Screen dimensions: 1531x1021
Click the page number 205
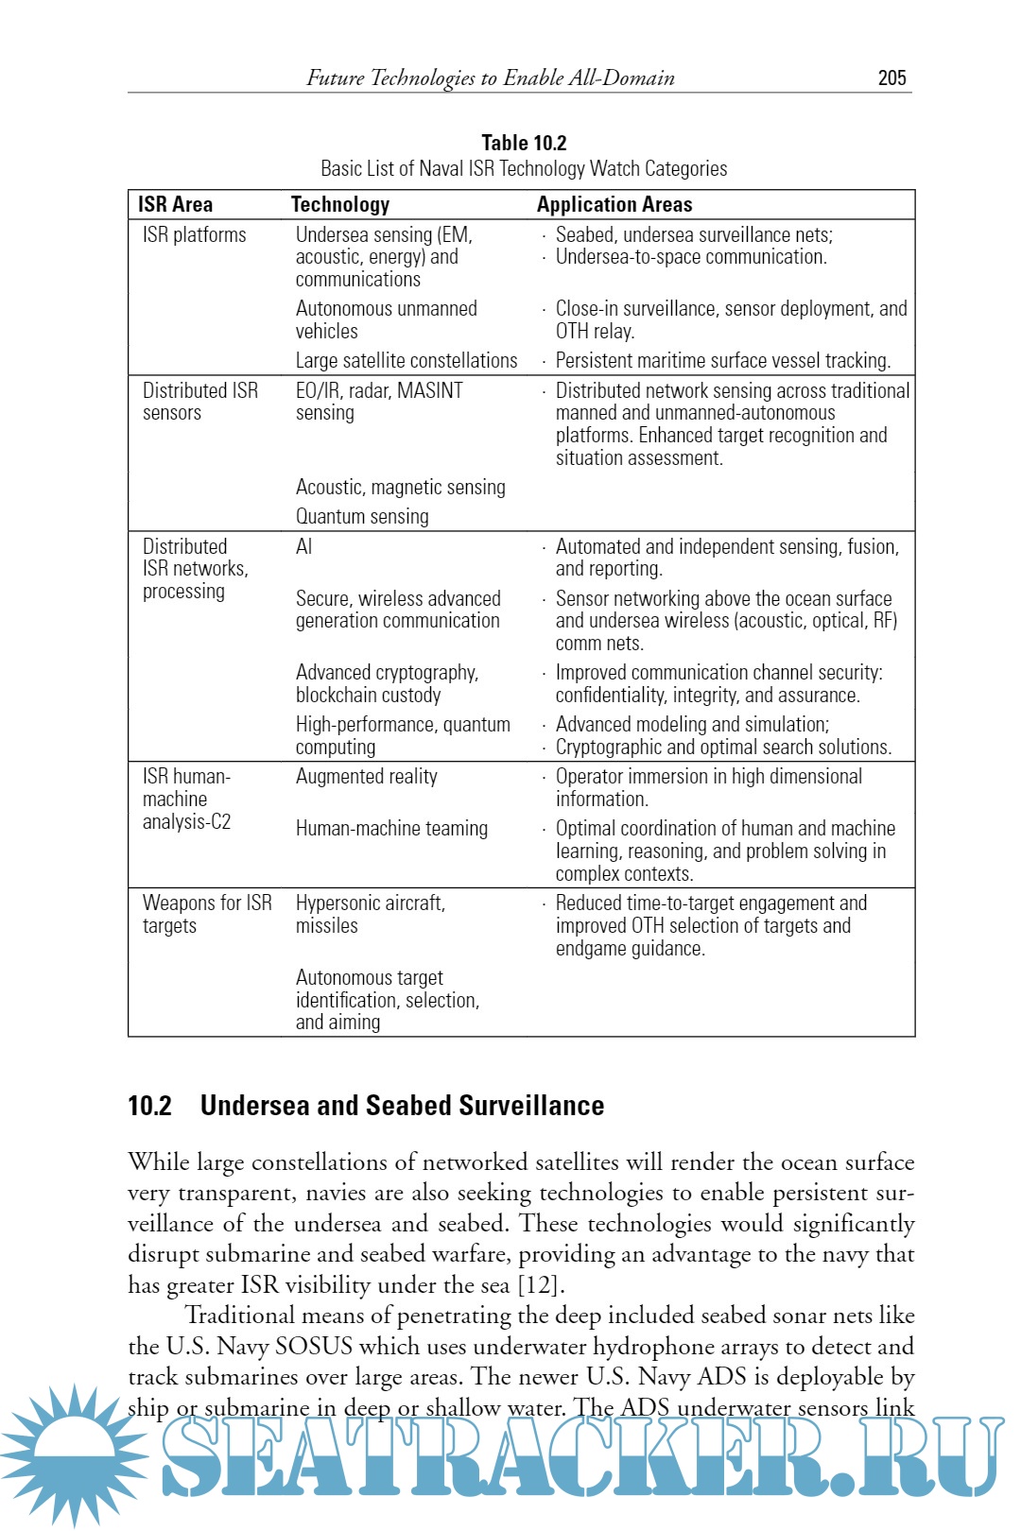click(891, 78)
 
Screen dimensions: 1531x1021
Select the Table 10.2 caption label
click(524, 143)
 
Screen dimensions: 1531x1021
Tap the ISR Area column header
click(175, 204)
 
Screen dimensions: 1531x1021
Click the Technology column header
click(339, 204)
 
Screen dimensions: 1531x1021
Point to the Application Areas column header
click(614, 204)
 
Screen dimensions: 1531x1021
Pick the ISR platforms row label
click(194, 234)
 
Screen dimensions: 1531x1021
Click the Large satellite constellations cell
click(407, 360)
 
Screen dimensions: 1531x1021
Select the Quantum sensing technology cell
click(362, 516)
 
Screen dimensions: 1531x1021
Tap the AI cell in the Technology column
click(303, 546)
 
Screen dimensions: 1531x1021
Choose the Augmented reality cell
click(367, 776)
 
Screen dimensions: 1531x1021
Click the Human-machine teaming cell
click(391, 828)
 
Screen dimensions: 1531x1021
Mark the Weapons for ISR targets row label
click(207, 914)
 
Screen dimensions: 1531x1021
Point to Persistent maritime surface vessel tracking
click(722, 360)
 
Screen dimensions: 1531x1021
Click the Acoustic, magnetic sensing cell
click(400, 487)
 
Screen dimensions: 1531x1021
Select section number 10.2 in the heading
click(149, 1106)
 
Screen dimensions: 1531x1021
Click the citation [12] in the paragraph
click(540, 1285)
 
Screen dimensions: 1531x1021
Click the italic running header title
click(490, 78)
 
